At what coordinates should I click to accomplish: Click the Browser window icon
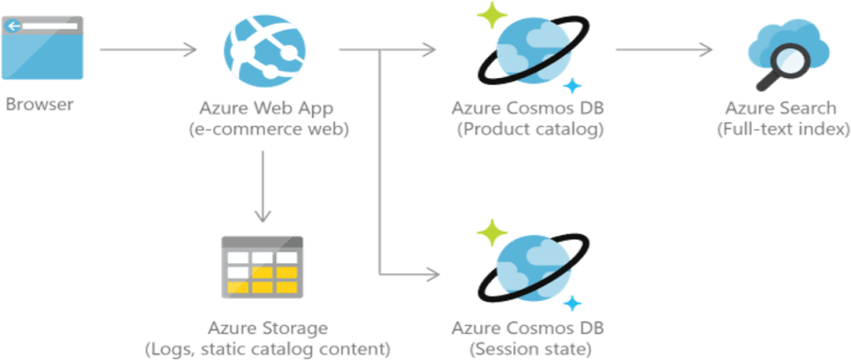(43, 48)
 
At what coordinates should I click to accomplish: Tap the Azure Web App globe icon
(264, 48)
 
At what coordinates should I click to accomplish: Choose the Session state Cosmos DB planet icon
(528, 267)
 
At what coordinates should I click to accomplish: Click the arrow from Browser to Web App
(149, 50)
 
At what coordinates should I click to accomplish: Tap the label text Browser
(40, 105)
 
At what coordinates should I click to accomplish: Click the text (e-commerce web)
(268, 131)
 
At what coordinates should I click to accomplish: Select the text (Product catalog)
(529, 131)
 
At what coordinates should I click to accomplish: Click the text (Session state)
(529, 349)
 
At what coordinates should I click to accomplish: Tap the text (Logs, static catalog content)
(267, 349)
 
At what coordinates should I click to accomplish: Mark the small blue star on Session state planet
(573, 303)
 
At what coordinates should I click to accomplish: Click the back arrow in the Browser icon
(12, 26)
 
